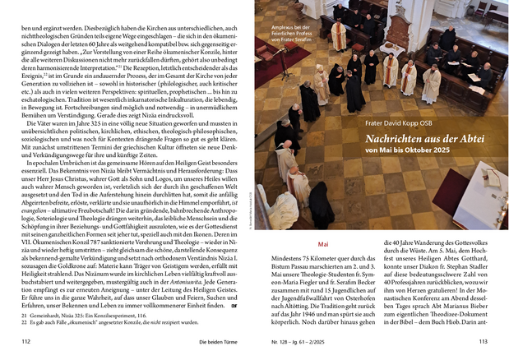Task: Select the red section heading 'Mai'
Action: point(322,244)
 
